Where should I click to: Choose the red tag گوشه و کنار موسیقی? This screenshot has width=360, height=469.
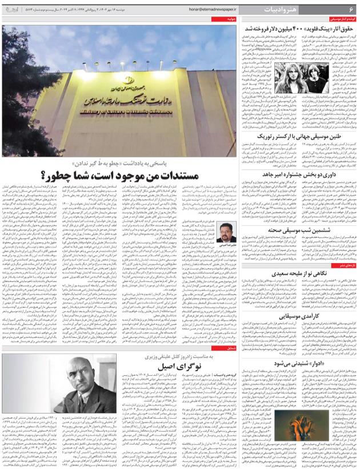click(x=341, y=19)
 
